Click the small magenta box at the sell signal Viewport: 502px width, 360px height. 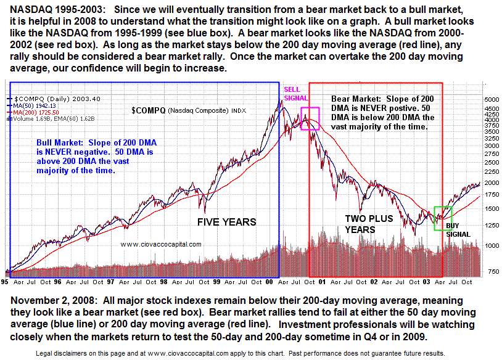pos(310,118)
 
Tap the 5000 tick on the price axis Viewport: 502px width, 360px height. pos(491,99)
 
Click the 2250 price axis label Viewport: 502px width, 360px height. pos(491,172)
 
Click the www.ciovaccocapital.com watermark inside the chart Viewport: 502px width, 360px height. pos(161,244)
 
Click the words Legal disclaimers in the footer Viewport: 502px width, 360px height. pos(47,354)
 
